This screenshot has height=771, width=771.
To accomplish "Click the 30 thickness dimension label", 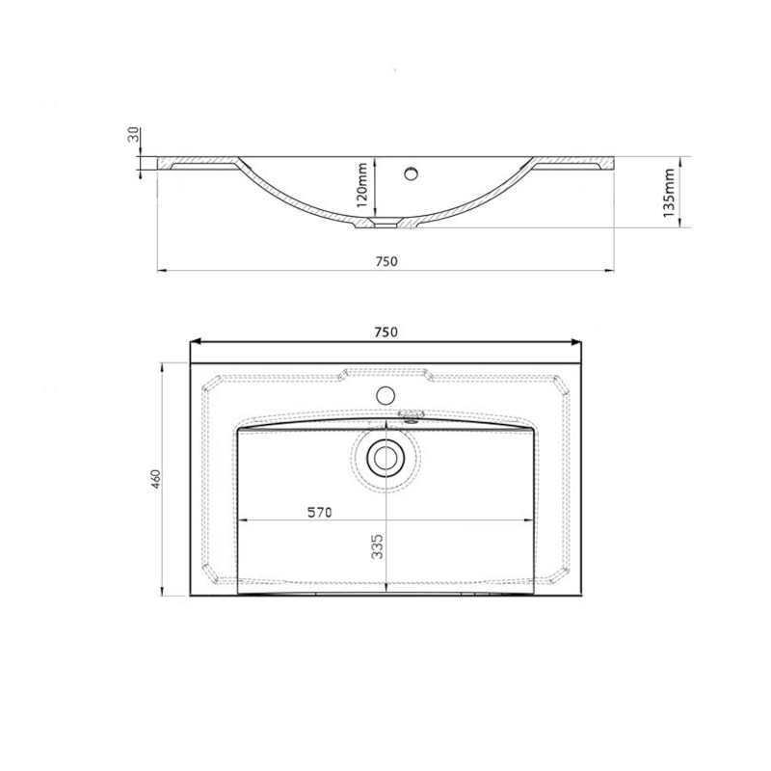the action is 133,134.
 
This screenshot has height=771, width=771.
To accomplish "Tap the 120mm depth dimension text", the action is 362,185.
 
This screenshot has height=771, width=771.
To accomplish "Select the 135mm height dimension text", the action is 669,193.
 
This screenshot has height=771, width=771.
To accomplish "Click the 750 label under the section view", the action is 386,261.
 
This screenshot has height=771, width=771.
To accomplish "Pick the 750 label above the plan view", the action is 386,332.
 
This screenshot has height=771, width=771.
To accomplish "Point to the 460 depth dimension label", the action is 156,479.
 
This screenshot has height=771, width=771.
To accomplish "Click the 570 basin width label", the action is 320,513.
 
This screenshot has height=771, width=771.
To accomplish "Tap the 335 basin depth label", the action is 377,546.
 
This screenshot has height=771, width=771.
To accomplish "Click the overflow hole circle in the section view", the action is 411,173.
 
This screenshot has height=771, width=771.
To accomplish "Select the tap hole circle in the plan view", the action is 385,395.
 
